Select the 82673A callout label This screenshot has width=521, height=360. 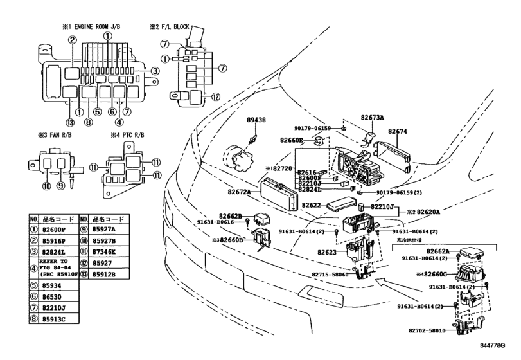pyautogui.click(x=373, y=118)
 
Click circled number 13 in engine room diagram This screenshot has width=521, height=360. pyautogui.click(x=70, y=122)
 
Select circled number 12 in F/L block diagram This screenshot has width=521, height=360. pyautogui.click(x=216, y=97)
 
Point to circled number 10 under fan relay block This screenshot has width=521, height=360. pyautogui.click(x=46, y=186)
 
